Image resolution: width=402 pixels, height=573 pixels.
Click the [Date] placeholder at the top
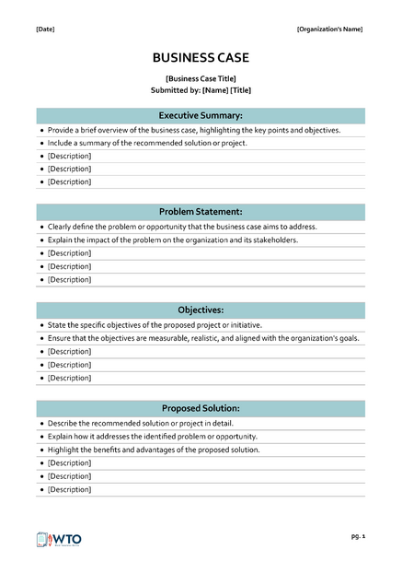(45, 29)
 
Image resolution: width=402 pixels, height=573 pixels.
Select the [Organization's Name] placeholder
(329, 29)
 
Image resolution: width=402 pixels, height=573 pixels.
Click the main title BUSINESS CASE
(201, 58)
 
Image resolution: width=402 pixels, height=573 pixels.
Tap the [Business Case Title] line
(201, 79)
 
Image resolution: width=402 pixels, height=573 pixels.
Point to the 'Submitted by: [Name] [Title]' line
(201, 90)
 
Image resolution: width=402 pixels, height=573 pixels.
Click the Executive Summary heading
(201, 116)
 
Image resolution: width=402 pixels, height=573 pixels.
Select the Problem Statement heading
(201, 212)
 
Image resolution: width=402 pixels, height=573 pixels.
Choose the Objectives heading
(201, 310)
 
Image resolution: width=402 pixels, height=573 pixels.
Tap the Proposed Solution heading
(201, 408)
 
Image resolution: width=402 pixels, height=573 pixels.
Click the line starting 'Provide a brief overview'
(193, 131)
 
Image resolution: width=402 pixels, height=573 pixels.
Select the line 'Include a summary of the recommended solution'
(147, 144)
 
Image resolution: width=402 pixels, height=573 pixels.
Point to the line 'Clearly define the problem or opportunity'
(182, 227)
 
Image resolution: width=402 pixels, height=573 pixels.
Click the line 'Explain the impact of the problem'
(173, 240)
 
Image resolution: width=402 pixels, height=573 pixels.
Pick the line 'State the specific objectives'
(155, 325)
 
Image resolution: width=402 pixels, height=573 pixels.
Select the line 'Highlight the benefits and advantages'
(154, 450)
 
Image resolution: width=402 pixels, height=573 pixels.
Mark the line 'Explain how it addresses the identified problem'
(152, 437)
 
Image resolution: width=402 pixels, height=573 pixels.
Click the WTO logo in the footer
(61, 540)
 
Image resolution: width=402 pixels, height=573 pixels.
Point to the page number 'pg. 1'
(358, 535)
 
